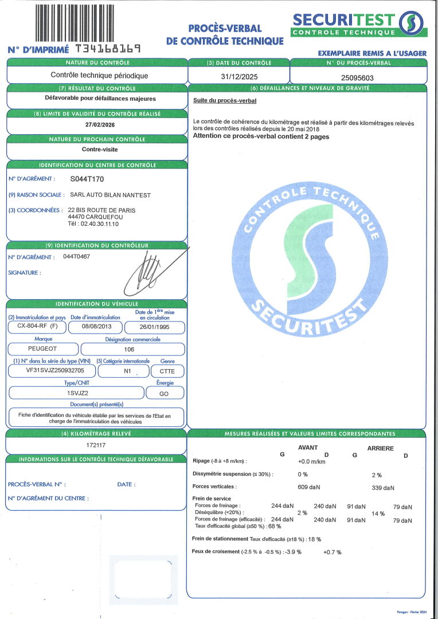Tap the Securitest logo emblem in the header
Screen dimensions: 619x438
412,23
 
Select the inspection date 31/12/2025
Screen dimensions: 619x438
238,76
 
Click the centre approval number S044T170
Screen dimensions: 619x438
94,179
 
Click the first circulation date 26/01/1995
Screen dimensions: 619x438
155,327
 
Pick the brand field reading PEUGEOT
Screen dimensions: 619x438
42,348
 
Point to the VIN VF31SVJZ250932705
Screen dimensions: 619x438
51,371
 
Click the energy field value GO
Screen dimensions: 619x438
165,393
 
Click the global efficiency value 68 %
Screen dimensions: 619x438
275,526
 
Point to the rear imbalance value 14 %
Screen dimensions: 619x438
378,514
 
